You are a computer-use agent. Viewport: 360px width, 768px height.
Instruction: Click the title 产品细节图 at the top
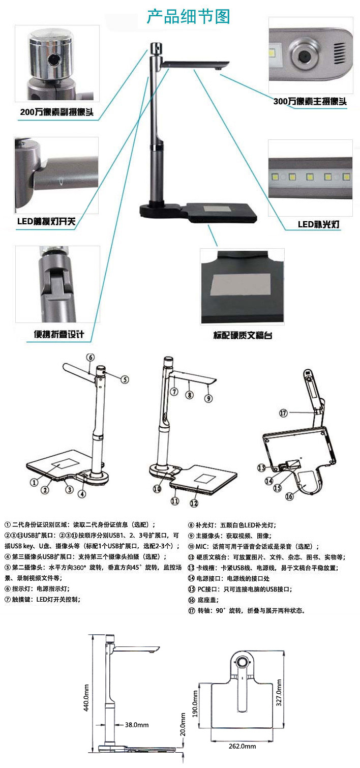click(x=188, y=17)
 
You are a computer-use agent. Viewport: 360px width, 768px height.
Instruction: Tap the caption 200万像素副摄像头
click(x=56, y=112)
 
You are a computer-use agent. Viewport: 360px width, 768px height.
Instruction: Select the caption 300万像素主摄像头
click(x=310, y=101)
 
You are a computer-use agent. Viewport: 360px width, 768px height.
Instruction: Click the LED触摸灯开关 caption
click(x=46, y=221)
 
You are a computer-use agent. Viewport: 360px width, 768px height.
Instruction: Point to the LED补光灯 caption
click(x=318, y=224)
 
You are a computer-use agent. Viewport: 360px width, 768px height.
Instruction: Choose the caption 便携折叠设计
click(x=58, y=334)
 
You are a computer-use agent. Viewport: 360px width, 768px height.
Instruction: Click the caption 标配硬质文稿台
click(x=243, y=335)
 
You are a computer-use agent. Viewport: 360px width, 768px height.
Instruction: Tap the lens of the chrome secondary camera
click(x=53, y=61)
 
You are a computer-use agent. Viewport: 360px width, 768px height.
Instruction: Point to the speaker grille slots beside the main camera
click(x=340, y=53)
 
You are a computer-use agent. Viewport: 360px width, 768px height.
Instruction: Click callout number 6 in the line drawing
click(x=91, y=357)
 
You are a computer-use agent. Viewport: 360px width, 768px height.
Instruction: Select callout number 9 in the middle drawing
click(x=208, y=398)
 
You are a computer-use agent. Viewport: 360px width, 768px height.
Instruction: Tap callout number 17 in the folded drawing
click(x=283, y=413)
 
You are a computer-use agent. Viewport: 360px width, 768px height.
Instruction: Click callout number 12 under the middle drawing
click(x=194, y=503)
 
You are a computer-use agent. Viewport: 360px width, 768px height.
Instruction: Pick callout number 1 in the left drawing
click(x=34, y=482)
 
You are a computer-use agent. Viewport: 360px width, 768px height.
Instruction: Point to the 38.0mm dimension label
click(x=136, y=725)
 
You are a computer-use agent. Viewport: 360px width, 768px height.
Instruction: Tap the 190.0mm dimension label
click(x=195, y=703)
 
